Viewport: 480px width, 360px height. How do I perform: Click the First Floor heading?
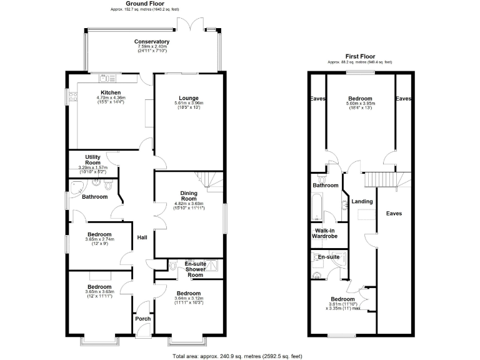point(359,57)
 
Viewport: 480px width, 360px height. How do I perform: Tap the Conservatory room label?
point(152,42)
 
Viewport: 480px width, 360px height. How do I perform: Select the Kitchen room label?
point(111,93)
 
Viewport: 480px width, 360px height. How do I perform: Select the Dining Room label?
point(189,196)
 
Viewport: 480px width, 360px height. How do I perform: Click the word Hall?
point(142,237)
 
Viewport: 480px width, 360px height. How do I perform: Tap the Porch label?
point(142,319)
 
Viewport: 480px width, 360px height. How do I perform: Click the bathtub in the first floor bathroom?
point(316,207)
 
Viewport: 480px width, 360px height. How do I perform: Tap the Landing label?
point(362,202)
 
